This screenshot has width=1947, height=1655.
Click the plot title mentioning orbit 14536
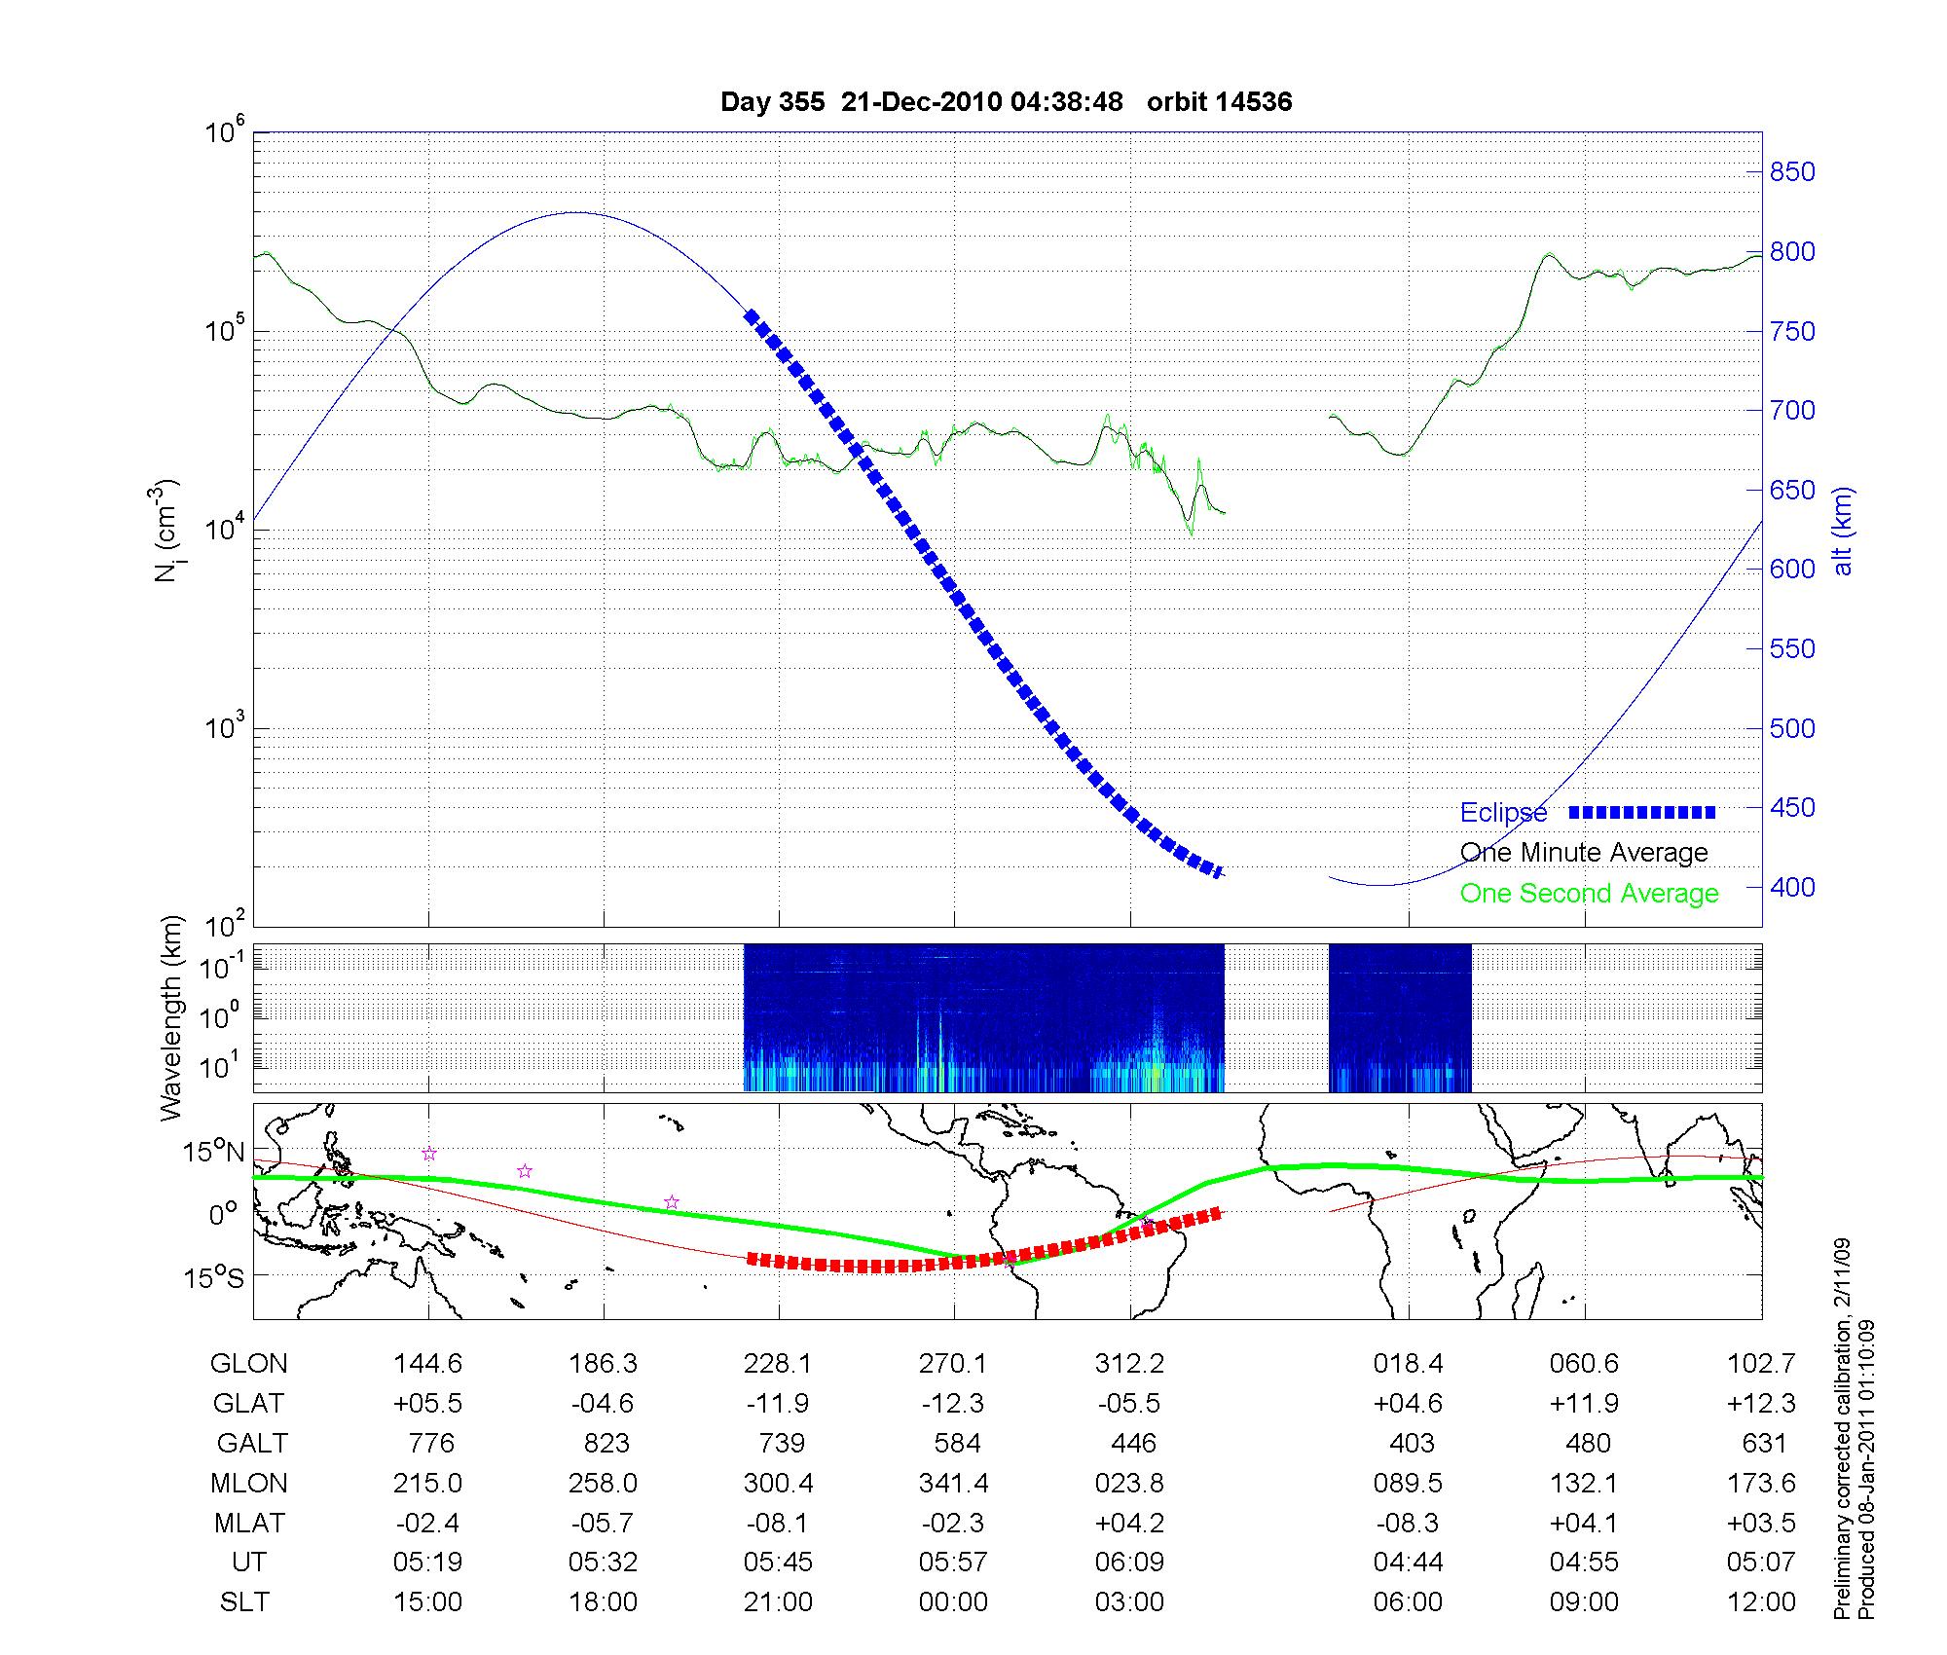tap(1006, 102)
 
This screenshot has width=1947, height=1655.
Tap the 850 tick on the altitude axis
tap(1792, 172)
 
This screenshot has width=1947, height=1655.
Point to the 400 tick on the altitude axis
tap(1792, 887)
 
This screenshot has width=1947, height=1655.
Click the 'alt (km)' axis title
tap(1843, 531)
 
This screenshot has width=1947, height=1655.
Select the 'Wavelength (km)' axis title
tap(172, 1017)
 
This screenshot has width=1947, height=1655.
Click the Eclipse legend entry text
tap(1503, 813)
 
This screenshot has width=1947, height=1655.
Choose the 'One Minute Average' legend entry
tap(1584, 853)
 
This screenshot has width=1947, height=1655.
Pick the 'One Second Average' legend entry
tap(1589, 894)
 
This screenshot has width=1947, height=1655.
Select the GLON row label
tap(248, 1364)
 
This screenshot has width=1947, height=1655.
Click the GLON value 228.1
tap(778, 1364)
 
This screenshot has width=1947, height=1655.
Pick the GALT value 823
tap(606, 1443)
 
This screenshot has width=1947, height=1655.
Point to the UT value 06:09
tap(1129, 1563)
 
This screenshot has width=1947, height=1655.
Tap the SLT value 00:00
tap(953, 1602)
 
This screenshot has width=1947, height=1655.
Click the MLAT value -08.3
tap(1408, 1523)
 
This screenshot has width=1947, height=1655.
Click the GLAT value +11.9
tap(1584, 1404)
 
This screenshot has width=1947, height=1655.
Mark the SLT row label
tap(244, 1602)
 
